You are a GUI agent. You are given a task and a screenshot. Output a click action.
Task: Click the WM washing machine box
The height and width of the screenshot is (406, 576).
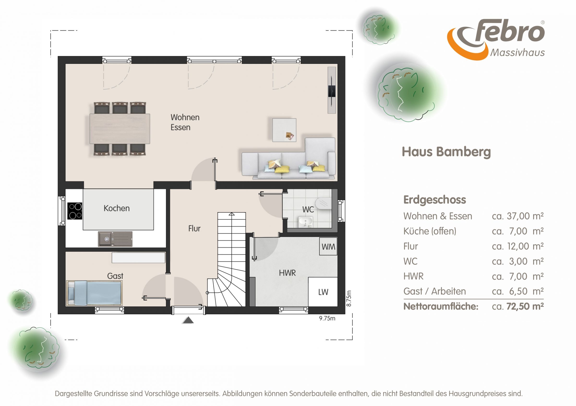click(328, 246)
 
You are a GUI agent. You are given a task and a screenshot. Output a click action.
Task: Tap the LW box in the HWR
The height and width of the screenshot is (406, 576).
click(323, 292)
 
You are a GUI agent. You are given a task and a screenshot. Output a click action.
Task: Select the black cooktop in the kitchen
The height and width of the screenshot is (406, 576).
click(75, 211)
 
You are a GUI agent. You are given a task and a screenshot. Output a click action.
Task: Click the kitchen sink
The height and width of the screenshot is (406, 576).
click(115, 239)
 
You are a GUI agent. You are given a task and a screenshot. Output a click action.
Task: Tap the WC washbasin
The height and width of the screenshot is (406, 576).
click(305, 222)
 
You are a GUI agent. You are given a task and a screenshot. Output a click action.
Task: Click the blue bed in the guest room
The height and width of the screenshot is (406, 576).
click(94, 293)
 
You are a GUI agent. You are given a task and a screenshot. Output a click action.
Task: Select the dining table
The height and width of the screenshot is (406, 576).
click(120, 129)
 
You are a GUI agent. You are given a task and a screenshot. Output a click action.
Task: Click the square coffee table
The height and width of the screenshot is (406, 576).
click(284, 130)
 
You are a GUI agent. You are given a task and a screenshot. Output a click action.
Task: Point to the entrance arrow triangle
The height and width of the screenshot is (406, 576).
click(188, 320)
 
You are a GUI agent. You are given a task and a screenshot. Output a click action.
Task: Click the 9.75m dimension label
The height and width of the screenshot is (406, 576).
click(327, 318)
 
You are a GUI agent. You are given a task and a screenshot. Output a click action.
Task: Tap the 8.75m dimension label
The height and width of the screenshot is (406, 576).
click(349, 298)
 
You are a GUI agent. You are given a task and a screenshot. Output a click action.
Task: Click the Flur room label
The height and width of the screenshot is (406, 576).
click(194, 228)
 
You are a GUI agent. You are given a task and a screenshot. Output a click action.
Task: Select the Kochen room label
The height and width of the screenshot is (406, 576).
click(117, 208)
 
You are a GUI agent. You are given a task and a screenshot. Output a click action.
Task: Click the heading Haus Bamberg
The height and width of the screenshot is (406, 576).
click(446, 152)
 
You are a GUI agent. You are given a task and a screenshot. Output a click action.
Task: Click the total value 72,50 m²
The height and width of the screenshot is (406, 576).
click(525, 306)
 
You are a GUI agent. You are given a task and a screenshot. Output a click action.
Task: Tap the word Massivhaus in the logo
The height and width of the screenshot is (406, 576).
click(517, 53)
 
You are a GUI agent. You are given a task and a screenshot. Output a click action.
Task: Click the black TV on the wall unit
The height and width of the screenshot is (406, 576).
click(332, 91)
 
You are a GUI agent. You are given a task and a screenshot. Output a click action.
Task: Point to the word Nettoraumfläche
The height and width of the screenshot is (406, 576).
click(441, 306)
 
